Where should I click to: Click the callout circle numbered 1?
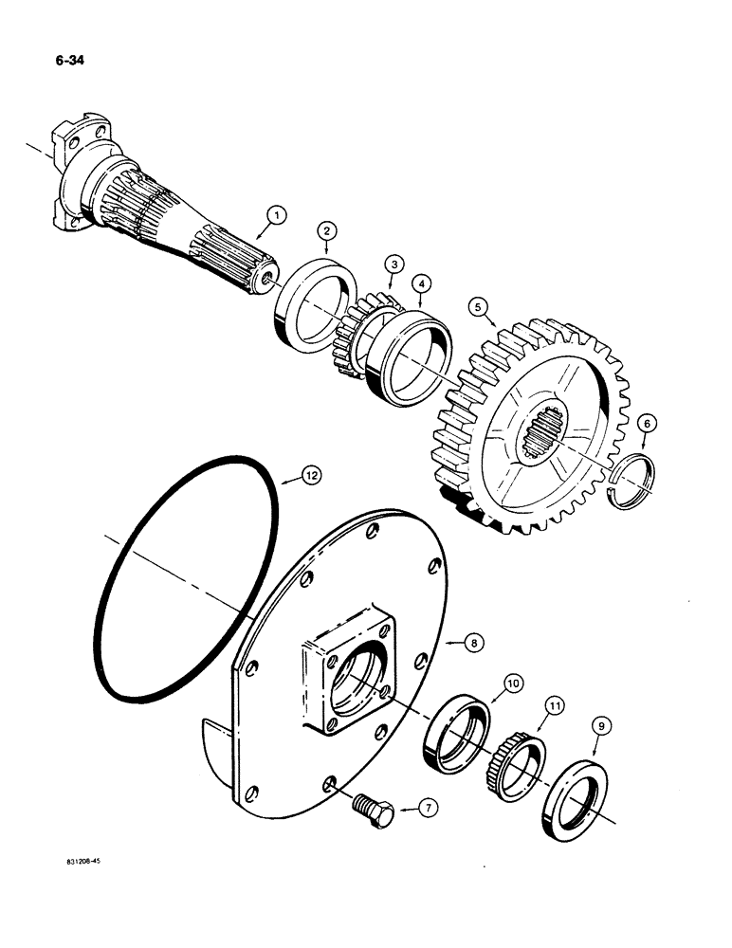[274, 216]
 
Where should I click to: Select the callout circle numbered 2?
[325, 230]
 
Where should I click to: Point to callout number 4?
[419, 283]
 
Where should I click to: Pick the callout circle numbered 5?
[479, 306]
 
